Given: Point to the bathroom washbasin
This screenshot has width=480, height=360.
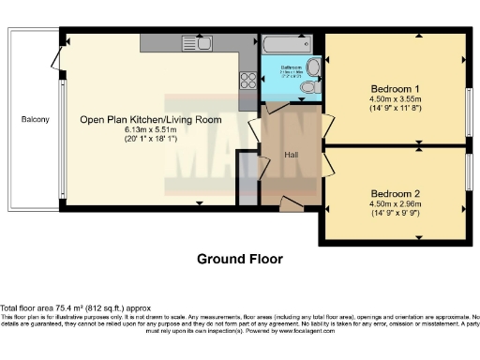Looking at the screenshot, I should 314,66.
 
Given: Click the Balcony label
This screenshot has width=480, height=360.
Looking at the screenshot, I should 36,120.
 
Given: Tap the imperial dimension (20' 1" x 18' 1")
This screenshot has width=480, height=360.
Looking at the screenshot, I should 150,140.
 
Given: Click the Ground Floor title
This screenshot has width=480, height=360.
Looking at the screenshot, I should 239,258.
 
